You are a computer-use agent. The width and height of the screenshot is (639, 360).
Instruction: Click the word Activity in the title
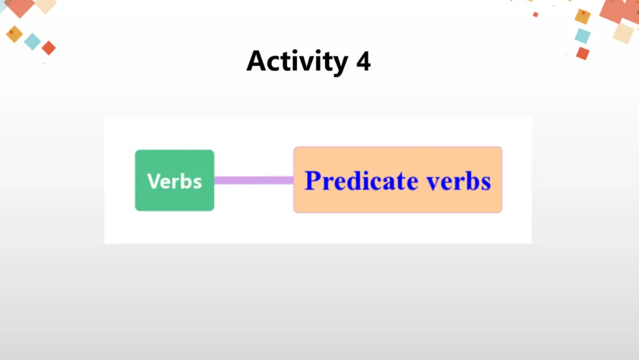[296, 61]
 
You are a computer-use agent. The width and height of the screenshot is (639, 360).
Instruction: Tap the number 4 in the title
[363, 61]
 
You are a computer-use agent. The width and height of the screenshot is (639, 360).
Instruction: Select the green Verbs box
[175, 180]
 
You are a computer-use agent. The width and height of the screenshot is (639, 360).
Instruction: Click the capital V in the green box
[153, 181]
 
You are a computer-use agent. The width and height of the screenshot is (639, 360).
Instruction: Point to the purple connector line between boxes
[253, 180]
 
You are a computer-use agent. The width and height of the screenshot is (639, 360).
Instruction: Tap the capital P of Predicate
[311, 181]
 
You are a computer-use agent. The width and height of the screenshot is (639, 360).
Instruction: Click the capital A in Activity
[257, 61]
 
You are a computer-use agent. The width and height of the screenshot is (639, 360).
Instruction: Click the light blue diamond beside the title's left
[33, 41]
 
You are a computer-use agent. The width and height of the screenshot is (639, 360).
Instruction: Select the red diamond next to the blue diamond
[49, 48]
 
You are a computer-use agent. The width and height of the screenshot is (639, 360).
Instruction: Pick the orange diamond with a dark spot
[14, 34]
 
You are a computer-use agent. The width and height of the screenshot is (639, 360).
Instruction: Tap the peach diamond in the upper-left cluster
[45, 5]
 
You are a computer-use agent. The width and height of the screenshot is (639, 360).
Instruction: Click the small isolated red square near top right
[535, 14]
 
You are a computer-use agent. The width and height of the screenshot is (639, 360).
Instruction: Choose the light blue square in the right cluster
[583, 36]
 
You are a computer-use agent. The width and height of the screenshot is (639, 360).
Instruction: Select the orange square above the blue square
[583, 16]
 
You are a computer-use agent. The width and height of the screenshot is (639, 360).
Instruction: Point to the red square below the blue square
[583, 53]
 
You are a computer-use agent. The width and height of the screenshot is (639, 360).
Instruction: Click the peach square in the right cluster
[623, 32]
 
